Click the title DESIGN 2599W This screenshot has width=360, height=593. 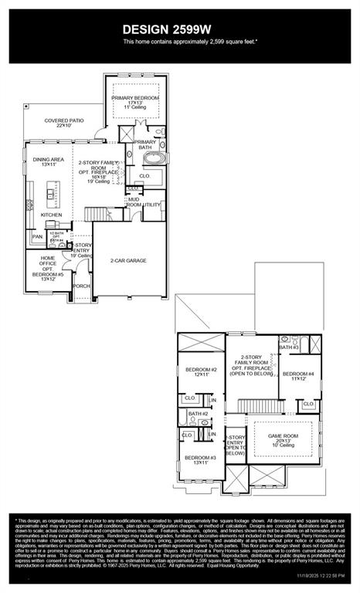click(179, 29)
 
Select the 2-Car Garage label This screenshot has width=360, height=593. click(128, 260)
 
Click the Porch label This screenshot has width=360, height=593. click(81, 285)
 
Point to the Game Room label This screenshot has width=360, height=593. click(284, 438)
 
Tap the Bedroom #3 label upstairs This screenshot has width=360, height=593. click(200, 459)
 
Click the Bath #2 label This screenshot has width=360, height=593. click(198, 414)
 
